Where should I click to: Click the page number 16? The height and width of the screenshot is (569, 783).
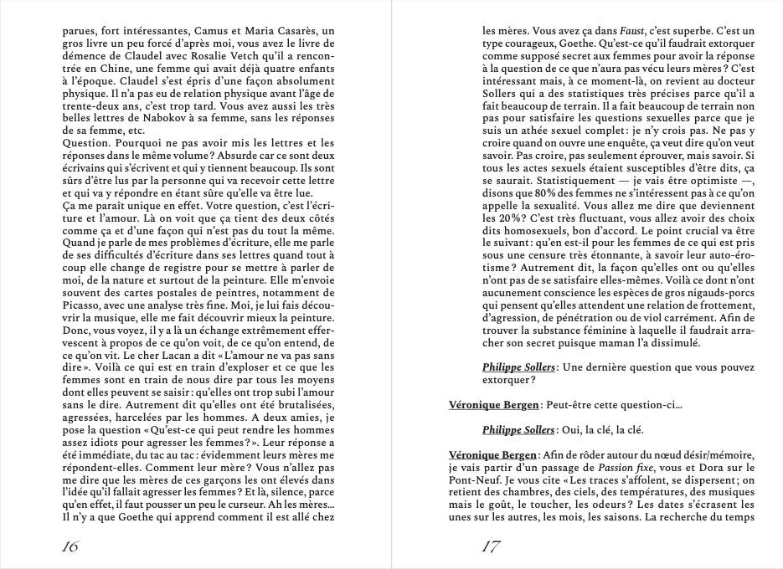(71, 547)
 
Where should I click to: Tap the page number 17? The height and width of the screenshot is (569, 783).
(492, 547)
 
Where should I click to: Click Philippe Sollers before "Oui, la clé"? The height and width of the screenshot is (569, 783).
(518, 430)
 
